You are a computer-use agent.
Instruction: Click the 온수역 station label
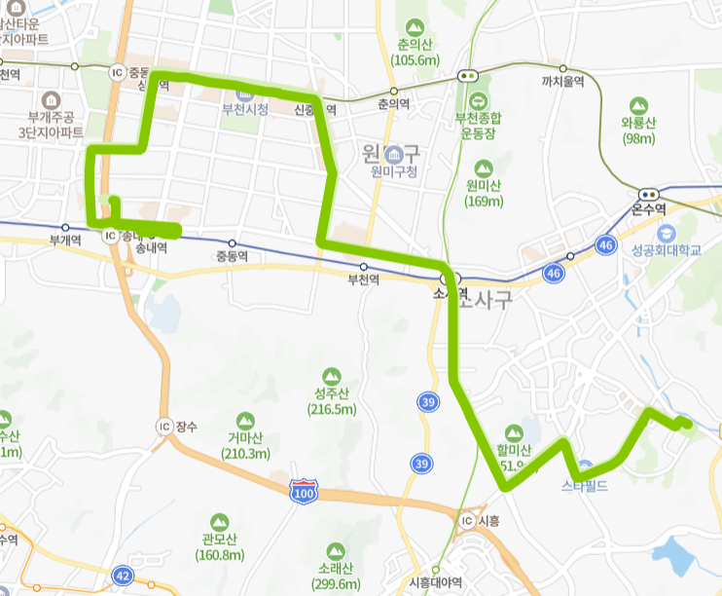[648, 208]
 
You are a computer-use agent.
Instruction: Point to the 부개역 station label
[64, 240]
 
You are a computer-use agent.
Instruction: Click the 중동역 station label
[233, 256]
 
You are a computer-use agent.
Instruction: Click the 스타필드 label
[585, 484]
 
